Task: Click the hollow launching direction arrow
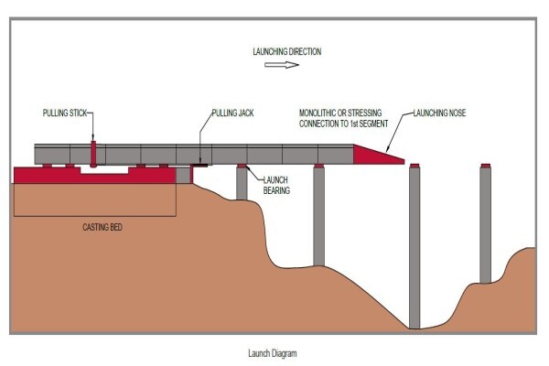[282, 64]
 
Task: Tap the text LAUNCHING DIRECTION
[287, 51]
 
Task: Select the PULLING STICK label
[65, 113]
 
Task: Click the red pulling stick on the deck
[93, 154]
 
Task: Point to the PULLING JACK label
[232, 113]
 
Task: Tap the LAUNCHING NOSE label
[440, 113]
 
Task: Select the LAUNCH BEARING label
[276, 185]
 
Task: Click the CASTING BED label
[102, 227]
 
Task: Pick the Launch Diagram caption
[273, 353]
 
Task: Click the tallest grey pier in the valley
[414, 248]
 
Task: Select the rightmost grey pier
[485, 225]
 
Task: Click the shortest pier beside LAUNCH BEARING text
[242, 184]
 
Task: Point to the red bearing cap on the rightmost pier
[485, 166]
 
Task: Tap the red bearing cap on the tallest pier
[414, 166]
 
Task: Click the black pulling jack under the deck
[199, 165]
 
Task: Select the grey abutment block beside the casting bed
[183, 175]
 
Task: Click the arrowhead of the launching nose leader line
[387, 149]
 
